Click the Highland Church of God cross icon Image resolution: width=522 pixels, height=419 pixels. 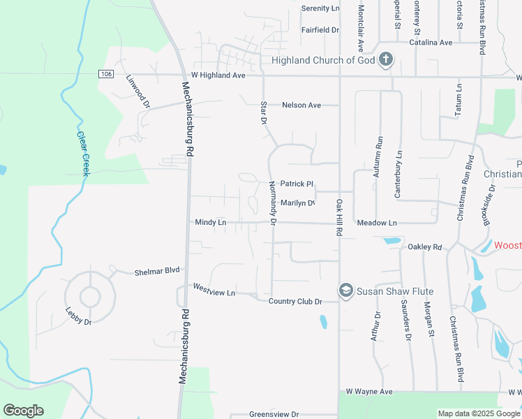click(386, 60)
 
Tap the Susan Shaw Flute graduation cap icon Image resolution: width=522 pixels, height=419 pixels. click(345, 291)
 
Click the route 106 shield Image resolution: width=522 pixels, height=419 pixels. click(105, 74)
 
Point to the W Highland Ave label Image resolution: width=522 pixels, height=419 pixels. click(218, 75)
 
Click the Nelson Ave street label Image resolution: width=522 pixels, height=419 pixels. click(301, 105)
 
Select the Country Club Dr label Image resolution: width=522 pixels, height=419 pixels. click(295, 302)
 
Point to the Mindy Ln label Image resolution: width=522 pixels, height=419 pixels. click(211, 223)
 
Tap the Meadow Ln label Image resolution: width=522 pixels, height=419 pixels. click(376, 223)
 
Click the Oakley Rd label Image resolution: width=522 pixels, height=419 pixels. click(425, 247)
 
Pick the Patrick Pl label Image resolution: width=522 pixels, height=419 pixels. click(297, 184)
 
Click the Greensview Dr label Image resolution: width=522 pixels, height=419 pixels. click(274, 414)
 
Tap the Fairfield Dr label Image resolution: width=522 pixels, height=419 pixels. click(320, 30)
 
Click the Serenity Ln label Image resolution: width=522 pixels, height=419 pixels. click(320, 8)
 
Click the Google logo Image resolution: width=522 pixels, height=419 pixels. click(23, 411)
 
